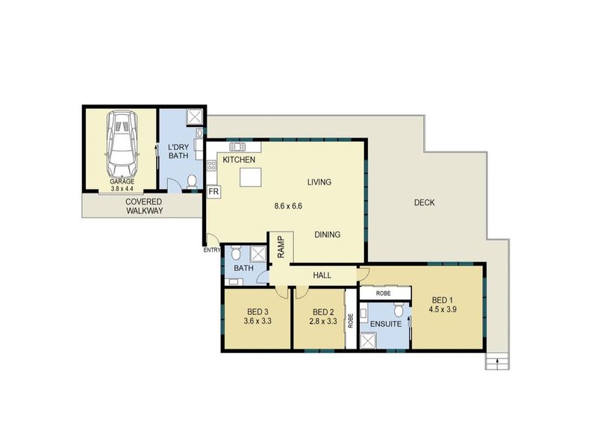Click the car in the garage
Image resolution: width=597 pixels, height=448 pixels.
pyautogui.click(x=122, y=143)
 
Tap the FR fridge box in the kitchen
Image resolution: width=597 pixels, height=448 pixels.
pyautogui.click(x=213, y=192)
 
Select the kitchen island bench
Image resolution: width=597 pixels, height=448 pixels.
pyautogui.click(x=251, y=178)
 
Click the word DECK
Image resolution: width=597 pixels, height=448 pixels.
pyautogui.click(x=424, y=202)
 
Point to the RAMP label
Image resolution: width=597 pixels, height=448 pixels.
pyautogui.click(x=281, y=247)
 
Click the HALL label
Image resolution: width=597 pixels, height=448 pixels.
pyautogui.click(x=322, y=275)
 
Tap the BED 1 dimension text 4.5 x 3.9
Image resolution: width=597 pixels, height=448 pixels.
pyautogui.click(x=443, y=309)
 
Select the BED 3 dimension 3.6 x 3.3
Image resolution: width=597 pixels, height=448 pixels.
pyautogui.click(x=257, y=321)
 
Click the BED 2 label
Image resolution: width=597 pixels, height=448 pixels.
pyautogui.click(x=323, y=312)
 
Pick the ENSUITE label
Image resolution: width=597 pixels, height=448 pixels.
pyautogui.click(x=386, y=324)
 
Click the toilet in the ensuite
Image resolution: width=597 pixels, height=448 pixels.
pyautogui.click(x=398, y=310)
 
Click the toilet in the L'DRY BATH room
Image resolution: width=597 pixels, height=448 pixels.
pyautogui.click(x=192, y=181)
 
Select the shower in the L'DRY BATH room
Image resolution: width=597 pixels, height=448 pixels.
pyautogui.click(x=195, y=117)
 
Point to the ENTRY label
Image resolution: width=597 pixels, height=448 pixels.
pyautogui.click(x=212, y=250)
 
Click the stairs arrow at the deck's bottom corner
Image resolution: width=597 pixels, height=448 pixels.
pyautogui.click(x=498, y=364)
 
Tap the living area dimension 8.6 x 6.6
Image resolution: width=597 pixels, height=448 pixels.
pyautogui.click(x=288, y=206)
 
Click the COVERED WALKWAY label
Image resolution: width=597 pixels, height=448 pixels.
pyautogui.click(x=144, y=206)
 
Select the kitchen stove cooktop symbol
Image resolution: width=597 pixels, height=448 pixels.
pyautogui.click(x=211, y=165)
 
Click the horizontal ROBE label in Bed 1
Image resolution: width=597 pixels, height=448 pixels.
pyautogui.click(x=383, y=293)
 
